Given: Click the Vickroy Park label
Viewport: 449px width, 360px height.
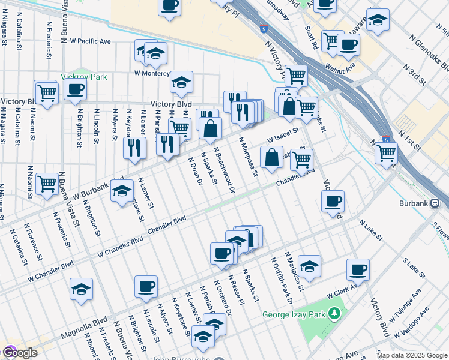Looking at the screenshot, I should pos(84,77).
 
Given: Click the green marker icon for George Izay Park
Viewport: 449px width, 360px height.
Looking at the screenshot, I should pos(335,313).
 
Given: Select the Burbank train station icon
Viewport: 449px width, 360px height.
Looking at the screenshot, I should pos(444,203).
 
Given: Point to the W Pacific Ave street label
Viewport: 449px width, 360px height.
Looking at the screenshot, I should pos(91,41).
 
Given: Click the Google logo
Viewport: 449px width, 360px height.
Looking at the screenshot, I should pos(20,353).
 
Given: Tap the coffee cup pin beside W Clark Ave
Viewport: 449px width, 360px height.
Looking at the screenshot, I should pos(358,269).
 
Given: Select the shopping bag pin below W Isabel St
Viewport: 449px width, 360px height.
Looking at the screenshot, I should pos(271,157).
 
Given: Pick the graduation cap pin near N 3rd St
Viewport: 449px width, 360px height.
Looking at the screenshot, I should pos(378,20).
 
